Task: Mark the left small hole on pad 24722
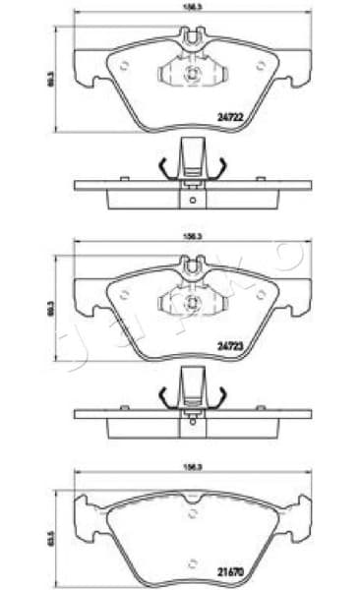point(125,66)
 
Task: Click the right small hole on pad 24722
point(261,66)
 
